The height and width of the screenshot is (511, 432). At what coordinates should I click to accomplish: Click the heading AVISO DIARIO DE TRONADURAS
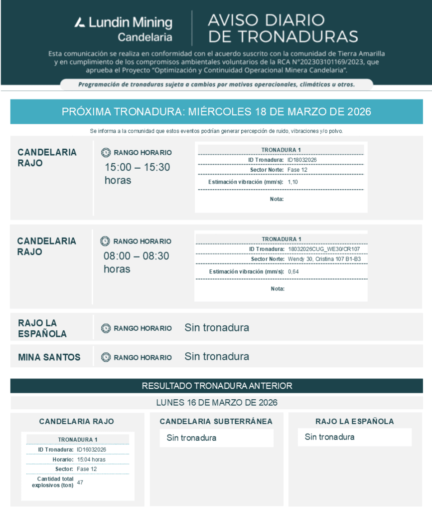pos(283,28)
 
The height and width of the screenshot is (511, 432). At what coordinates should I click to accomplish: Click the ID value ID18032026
pos(302,160)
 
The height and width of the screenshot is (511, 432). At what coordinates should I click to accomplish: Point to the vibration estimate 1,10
pos(293,182)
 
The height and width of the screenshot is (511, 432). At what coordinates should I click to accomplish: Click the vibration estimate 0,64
pos(293,271)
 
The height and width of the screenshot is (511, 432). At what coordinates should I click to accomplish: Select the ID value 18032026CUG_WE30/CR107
pos(324,249)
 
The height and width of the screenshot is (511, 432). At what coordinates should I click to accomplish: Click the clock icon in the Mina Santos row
pos(106,357)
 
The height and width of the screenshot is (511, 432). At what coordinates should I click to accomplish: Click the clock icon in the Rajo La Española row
pos(106,328)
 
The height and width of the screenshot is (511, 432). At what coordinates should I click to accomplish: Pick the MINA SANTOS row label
pos(49,357)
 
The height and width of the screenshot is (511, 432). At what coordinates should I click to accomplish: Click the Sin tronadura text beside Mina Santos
pos(217,357)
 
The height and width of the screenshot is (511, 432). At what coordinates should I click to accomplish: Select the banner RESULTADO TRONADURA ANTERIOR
pos(217,386)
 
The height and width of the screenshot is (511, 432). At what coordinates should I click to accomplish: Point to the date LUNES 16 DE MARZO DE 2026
pos(217,402)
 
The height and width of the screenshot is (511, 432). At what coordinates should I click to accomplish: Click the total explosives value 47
pos(80,482)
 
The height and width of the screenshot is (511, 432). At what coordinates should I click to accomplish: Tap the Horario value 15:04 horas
pos(91,459)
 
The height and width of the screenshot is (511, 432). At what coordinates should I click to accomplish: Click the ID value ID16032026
pos(91,450)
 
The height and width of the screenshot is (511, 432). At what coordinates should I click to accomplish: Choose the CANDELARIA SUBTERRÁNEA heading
pos(216,422)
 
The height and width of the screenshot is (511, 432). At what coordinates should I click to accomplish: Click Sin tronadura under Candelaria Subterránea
pos(192,438)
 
